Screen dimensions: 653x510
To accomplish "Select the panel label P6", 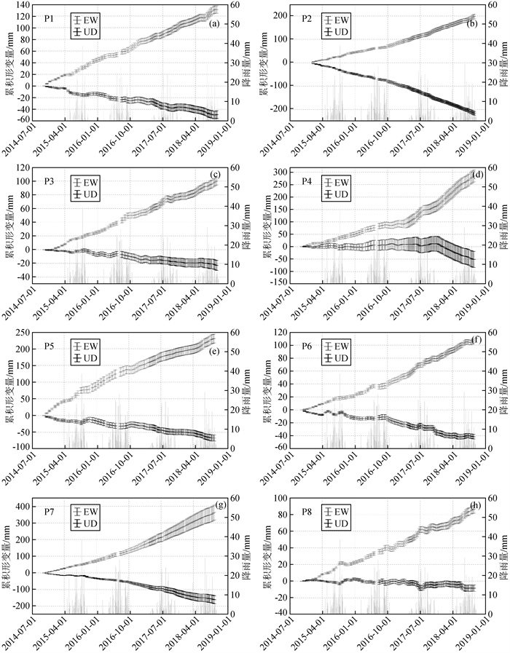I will (x=310, y=347).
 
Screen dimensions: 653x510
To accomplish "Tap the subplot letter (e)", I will (x=214, y=351).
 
